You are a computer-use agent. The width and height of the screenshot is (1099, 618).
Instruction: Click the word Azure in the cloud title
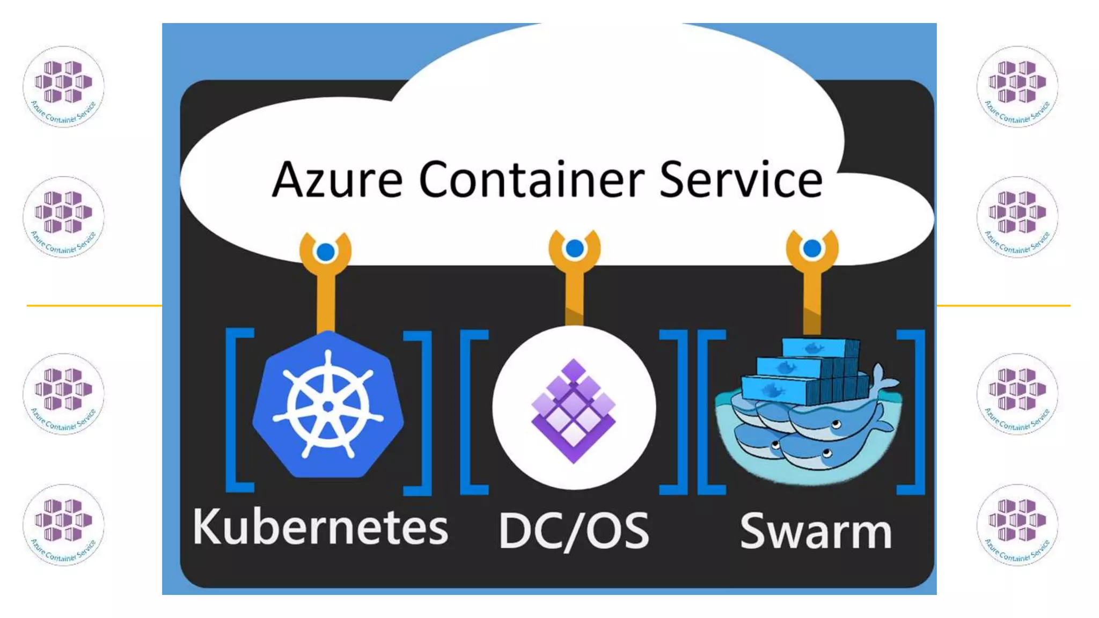click(x=337, y=180)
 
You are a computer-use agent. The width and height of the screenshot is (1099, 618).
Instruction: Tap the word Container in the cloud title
click(x=531, y=180)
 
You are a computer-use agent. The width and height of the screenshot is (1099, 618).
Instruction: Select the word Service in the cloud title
click(x=741, y=180)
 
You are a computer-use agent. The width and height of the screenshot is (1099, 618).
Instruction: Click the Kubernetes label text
click(x=320, y=527)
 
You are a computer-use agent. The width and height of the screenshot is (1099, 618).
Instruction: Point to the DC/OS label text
click(x=574, y=531)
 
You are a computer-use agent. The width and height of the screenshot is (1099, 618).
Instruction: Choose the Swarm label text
click(x=816, y=531)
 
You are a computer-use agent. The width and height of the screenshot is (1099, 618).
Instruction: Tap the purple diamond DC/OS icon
click(x=574, y=410)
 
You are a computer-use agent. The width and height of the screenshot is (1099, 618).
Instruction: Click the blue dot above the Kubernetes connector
click(x=326, y=252)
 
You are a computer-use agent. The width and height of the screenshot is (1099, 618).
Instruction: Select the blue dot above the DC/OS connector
click(x=575, y=248)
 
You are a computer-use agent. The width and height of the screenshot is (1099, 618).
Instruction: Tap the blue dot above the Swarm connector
click(x=812, y=248)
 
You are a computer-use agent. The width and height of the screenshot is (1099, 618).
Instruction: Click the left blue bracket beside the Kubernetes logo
click(x=236, y=410)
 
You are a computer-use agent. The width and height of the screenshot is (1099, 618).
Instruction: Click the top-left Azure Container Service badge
click(x=63, y=86)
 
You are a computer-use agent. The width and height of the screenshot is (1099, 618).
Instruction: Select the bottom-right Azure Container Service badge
click(x=1017, y=524)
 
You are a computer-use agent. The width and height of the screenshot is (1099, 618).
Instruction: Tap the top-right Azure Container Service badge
click(x=1017, y=86)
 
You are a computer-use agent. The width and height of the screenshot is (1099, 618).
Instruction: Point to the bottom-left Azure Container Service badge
click(x=63, y=524)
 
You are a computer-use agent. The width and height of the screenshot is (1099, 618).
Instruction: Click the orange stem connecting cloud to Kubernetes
click(x=326, y=303)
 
